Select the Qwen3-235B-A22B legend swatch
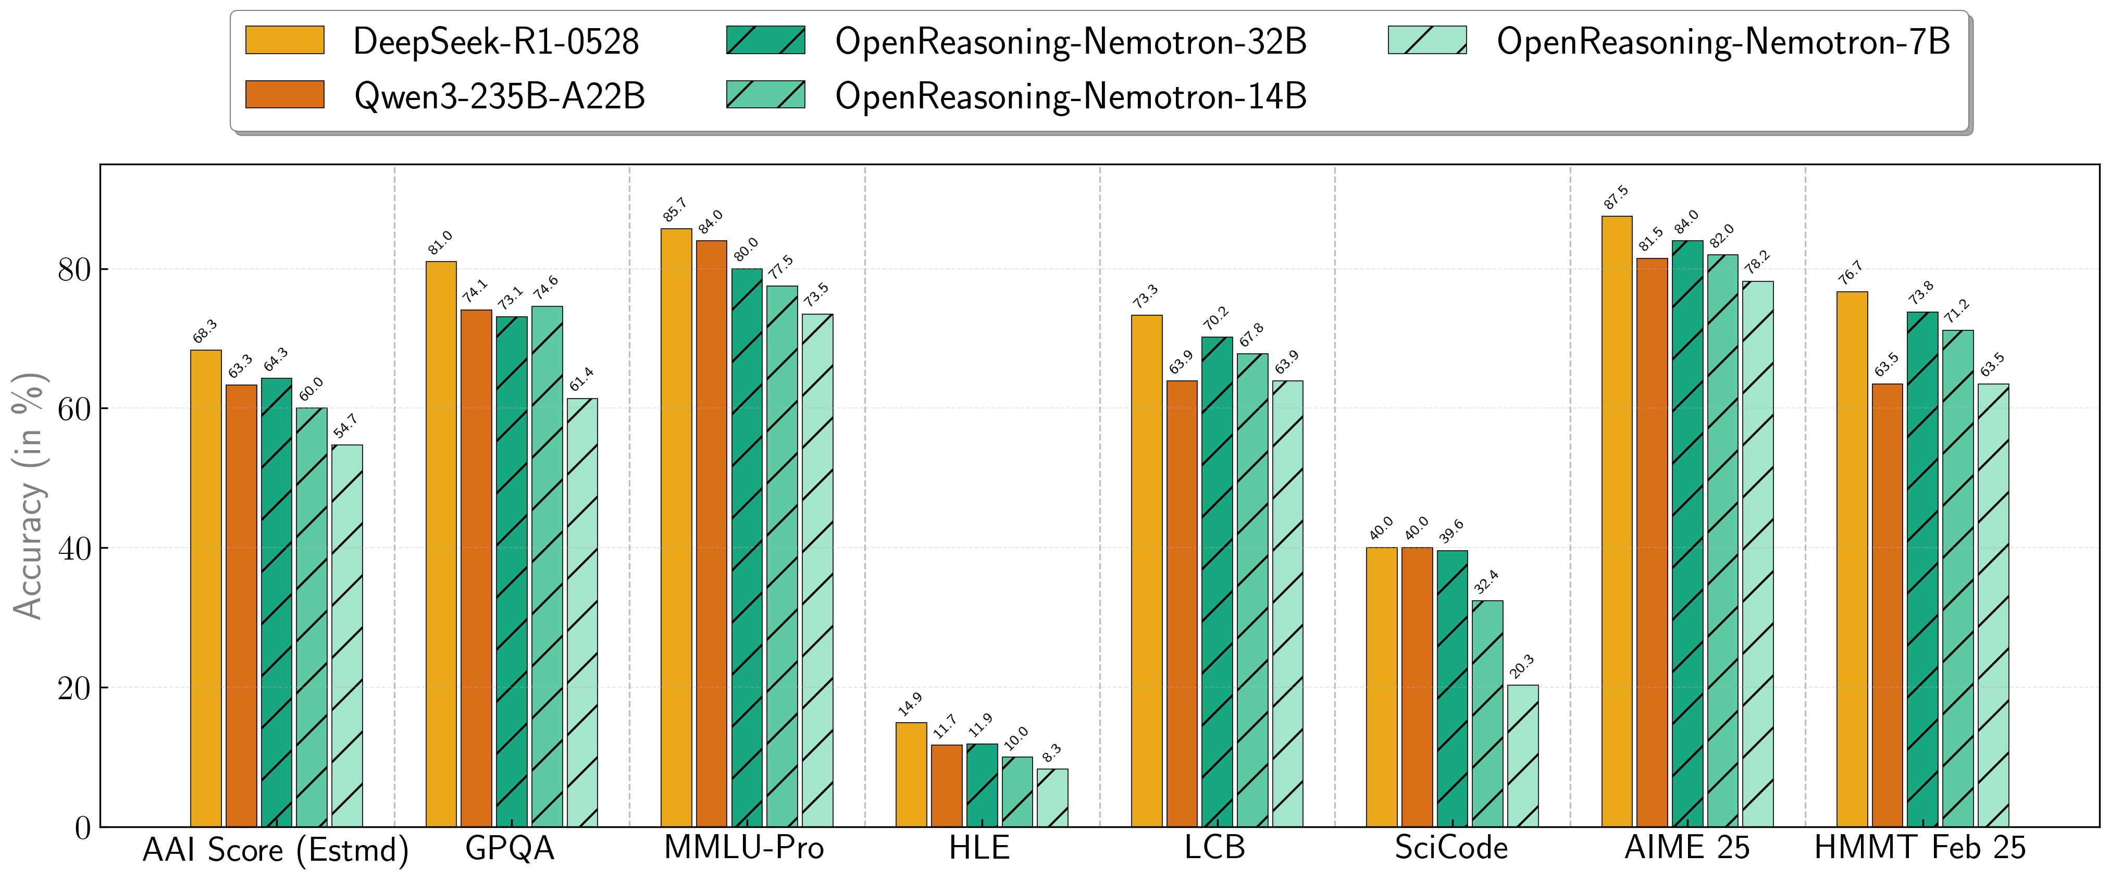[x=284, y=95]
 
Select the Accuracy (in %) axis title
[x=29, y=495]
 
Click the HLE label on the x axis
[x=979, y=848]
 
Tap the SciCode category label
[x=1450, y=848]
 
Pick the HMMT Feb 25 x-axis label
[x=1919, y=848]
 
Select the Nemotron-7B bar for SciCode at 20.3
[x=1523, y=755]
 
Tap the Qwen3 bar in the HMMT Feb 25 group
[x=1887, y=605]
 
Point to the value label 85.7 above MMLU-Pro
[x=675, y=210]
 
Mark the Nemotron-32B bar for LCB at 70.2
[x=1217, y=582]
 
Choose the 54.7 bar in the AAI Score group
[x=347, y=636]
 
